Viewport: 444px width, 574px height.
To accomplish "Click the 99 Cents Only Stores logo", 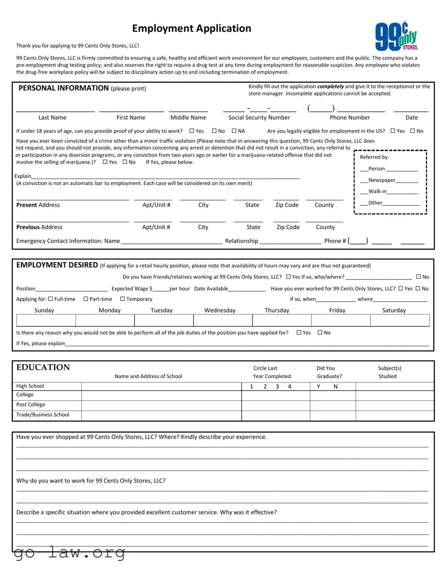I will (x=397, y=36).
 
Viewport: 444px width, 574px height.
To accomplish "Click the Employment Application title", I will (x=192, y=28).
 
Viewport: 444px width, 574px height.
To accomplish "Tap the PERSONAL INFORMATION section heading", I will (x=63, y=88).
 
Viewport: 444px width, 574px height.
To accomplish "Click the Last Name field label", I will (x=52, y=117).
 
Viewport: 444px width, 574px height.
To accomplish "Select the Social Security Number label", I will (x=259, y=117).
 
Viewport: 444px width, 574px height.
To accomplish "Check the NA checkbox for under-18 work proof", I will (x=235, y=131).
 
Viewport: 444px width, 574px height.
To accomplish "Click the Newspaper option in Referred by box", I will (x=381, y=180).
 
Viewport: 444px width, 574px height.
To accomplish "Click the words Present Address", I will (x=38, y=205).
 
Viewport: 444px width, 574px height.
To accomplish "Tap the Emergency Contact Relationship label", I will (x=241, y=241).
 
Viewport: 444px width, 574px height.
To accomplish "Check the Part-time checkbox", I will (x=86, y=299).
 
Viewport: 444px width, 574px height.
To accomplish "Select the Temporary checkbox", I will (x=123, y=299).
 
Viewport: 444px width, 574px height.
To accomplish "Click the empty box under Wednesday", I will (x=223, y=320).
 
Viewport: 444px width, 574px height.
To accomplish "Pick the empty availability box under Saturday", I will (x=400, y=320).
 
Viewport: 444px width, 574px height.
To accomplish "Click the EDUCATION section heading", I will (x=43, y=368).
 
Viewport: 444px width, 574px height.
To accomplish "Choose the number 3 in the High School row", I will (x=277, y=387).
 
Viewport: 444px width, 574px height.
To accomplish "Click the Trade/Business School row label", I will (x=43, y=415).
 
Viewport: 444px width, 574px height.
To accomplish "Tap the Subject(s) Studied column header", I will (x=389, y=372).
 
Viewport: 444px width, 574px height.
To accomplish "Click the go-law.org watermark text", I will (x=69, y=553).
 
